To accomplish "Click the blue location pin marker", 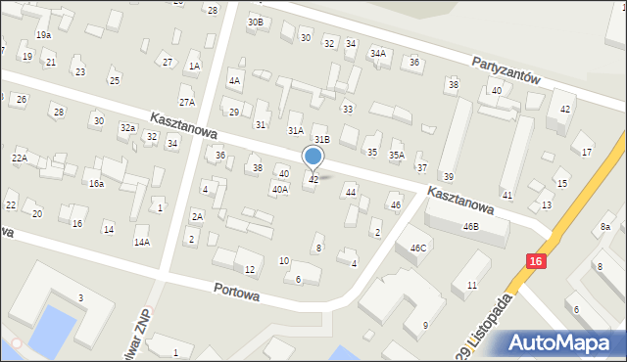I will tap(313, 157).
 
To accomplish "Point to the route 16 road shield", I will tap(534, 261).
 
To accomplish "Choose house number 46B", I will tap(471, 226).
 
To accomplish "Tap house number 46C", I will tap(418, 249).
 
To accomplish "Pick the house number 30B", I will tap(255, 22).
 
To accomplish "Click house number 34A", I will tap(377, 54).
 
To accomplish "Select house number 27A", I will tap(186, 102).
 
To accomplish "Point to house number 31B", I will tap(322, 140).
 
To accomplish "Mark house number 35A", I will tap(397, 155).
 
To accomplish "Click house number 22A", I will tap(19, 158).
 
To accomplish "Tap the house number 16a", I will tap(96, 183).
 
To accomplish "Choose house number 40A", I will tap(280, 189).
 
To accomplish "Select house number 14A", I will tap(142, 242).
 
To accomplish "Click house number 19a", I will tap(43, 34).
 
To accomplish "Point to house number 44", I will tap(351, 192).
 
